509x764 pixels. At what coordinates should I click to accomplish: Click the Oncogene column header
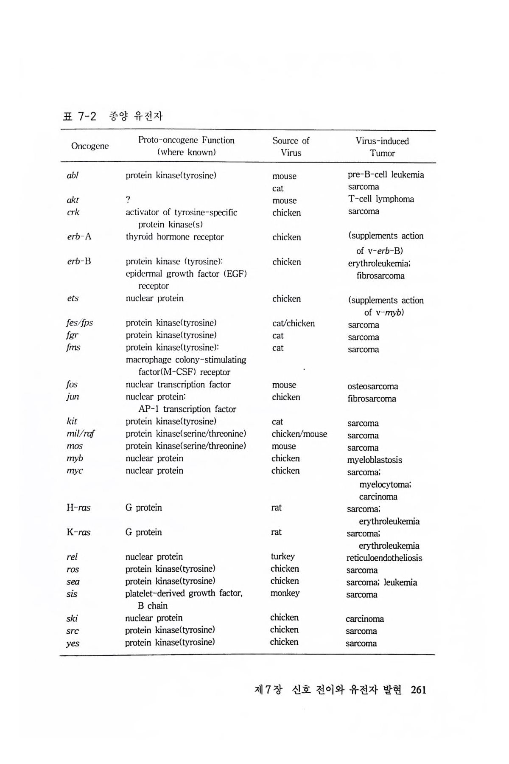tap(89, 146)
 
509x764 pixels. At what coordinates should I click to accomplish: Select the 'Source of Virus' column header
tap(291, 146)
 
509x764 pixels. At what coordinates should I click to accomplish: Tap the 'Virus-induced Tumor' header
tap(382, 147)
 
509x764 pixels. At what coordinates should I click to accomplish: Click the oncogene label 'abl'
tap(73, 175)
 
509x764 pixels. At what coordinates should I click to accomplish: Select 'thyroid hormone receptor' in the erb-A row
tap(174, 237)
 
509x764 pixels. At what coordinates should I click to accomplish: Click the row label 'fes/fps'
tap(80, 323)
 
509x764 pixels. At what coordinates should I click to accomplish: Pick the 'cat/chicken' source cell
tap(294, 323)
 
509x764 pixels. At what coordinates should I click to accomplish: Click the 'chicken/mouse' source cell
tap(299, 434)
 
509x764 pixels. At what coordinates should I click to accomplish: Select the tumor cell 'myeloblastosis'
tap(375, 460)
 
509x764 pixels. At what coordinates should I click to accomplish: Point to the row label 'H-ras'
tap(78, 508)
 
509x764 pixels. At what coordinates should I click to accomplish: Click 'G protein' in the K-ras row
tap(143, 532)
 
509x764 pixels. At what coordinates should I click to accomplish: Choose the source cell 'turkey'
tap(282, 556)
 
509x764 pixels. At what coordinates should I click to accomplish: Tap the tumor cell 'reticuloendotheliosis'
tap(384, 558)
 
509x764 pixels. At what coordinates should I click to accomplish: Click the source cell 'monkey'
tap(285, 593)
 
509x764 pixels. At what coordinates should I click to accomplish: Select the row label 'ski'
tap(72, 618)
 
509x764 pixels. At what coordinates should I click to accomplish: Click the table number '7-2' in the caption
tap(87, 116)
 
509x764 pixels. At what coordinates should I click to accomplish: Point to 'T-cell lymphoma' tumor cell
tap(381, 199)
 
